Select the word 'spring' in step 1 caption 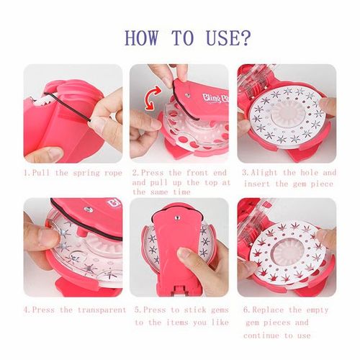click(81, 173)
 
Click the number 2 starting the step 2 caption click(135, 174)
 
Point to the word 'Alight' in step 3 click(266, 173)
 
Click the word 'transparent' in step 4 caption click(89, 310)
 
